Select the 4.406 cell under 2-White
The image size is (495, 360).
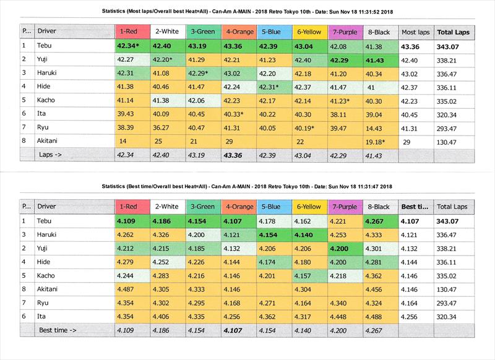coord(164,317)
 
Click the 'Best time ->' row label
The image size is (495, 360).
coord(59,330)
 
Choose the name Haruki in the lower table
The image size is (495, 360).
coord(49,235)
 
